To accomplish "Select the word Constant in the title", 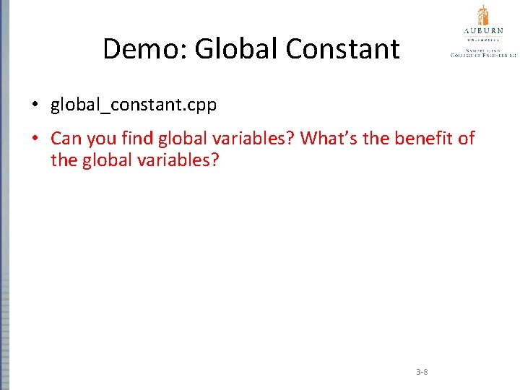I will [342, 49].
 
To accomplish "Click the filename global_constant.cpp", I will [134, 105].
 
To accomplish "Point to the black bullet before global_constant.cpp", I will [34, 105].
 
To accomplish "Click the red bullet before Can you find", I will [34, 138].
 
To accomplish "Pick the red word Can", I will [64, 138].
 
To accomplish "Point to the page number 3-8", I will [422, 372].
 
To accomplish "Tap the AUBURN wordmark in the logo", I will [483, 32].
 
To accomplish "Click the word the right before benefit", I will [376, 138].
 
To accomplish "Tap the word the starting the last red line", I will [64, 160].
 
